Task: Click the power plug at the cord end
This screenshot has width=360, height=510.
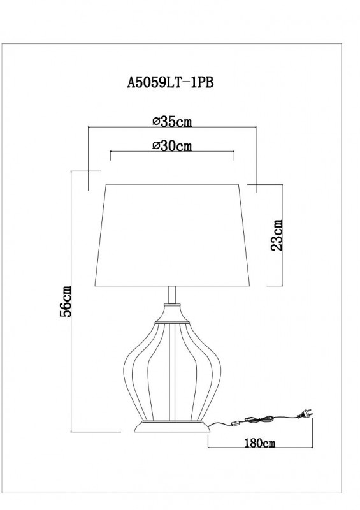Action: [x=305, y=414]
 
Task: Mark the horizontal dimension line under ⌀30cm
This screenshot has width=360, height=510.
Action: [x=172, y=153]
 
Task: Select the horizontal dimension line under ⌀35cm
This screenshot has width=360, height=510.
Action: [x=172, y=127]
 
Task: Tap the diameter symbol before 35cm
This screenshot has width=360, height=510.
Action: [x=156, y=120]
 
